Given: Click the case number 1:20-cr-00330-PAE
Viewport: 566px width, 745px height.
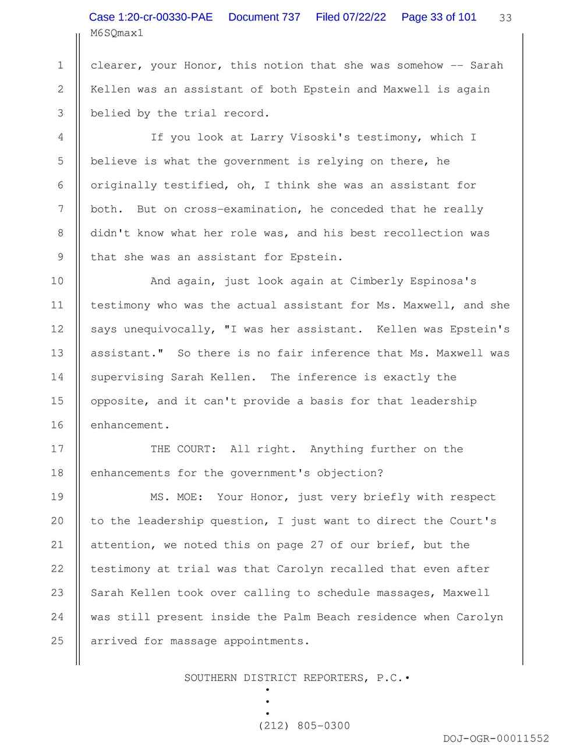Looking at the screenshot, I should click(151, 17).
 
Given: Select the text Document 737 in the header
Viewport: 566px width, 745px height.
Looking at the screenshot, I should click(264, 17).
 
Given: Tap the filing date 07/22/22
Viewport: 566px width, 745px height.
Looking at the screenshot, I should click(364, 17).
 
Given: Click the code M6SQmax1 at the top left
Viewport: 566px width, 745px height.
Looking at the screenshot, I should click(117, 33).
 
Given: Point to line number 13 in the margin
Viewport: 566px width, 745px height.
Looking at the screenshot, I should click(57, 353).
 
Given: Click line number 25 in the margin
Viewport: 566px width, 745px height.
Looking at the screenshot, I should click(57, 640).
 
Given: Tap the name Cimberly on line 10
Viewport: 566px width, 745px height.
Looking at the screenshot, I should click(377, 281).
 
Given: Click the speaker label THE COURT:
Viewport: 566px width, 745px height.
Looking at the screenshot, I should click(183, 449).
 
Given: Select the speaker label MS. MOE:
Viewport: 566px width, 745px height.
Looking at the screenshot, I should click(176, 496).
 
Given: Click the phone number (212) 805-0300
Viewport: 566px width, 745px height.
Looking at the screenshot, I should click(304, 726).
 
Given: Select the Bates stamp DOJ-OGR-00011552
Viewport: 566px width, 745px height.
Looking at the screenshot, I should click(496, 738).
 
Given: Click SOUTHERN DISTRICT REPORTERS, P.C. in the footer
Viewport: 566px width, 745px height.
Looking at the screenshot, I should click(293, 677).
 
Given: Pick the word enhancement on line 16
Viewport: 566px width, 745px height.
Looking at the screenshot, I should click(127, 425).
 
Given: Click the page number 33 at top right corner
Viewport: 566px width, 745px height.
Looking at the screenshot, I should click(505, 18).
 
